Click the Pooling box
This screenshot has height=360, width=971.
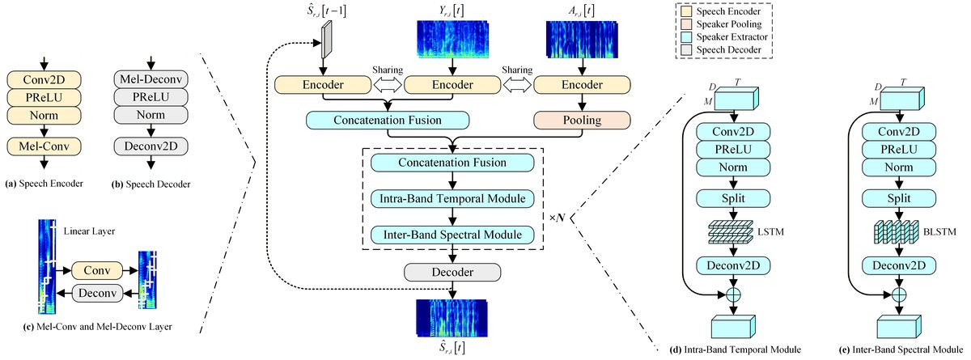click(572, 121)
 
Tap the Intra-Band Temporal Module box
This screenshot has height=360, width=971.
click(453, 198)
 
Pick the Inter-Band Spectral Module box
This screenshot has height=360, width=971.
click(453, 235)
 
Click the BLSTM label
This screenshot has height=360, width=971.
click(937, 232)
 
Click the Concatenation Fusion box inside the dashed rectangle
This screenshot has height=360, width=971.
click(453, 163)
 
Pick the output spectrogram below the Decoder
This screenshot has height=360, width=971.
click(449, 317)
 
